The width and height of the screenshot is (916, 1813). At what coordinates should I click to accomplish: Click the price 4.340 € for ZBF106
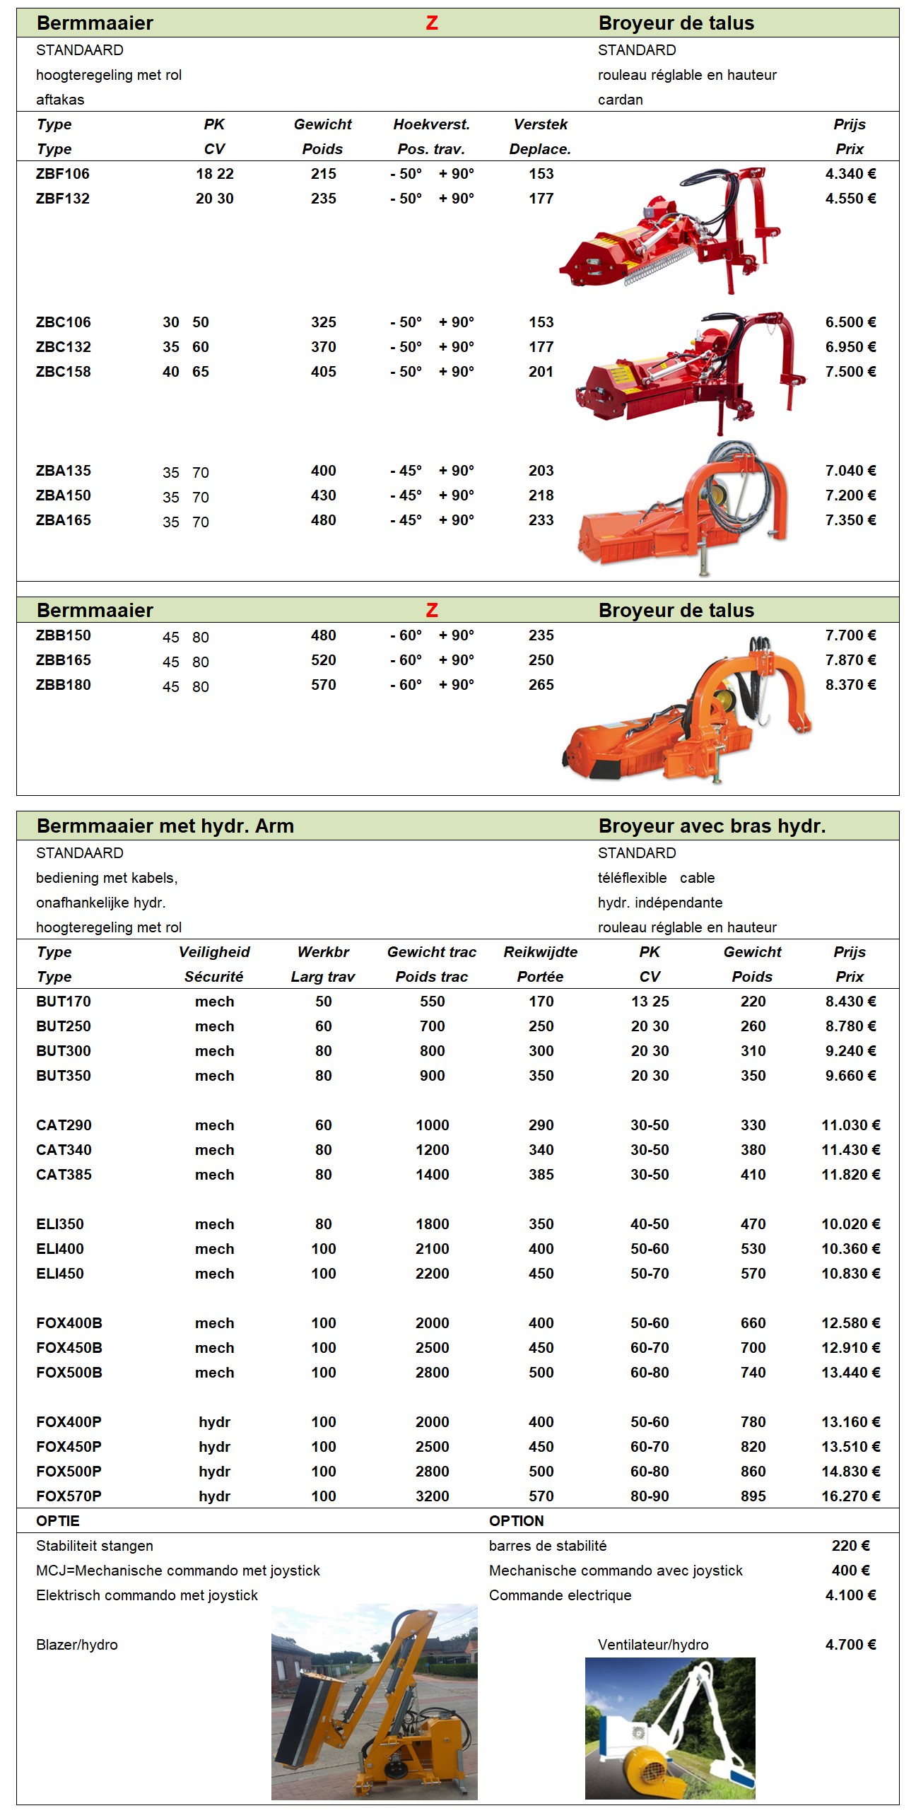click(x=850, y=174)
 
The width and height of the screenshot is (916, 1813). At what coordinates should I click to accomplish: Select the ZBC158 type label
click(x=64, y=372)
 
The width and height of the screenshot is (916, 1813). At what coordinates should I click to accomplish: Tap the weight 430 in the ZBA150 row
click(x=323, y=495)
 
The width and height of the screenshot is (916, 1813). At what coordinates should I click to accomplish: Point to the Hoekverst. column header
click(x=431, y=124)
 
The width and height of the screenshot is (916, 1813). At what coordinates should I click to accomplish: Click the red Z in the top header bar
click(x=432, y=23)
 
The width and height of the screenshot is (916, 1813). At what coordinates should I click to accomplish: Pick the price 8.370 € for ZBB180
click(x=850, y=685)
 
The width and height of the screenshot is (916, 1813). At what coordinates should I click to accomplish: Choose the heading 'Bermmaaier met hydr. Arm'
click(x=165, y=826)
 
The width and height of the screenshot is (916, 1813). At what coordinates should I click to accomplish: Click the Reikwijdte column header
click(x=540, y=952)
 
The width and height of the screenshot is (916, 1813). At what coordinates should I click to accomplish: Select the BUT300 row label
click(x=64, y=1051)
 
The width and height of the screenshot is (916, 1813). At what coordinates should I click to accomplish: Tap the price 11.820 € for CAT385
click(x=850, y=1175)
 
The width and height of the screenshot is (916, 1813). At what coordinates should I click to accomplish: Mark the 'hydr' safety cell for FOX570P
click(x=214, y=1496)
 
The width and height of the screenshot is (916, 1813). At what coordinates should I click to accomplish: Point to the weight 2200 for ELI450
click(x=432, y=1274)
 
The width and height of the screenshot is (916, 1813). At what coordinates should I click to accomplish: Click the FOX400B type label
click(x=69, y=1323)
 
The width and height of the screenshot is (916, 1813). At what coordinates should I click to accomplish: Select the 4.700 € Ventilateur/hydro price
click(x=850, y=1645)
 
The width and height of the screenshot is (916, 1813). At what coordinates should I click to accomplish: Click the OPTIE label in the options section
click(x=58, y=1521)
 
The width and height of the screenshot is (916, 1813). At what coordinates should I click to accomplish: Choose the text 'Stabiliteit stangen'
click(x=95, y=1546)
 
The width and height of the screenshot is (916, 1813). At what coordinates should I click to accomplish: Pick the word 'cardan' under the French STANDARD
click(x=620, y=100)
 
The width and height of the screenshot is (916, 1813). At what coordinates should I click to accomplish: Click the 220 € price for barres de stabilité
click(x=850, y=1546)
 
